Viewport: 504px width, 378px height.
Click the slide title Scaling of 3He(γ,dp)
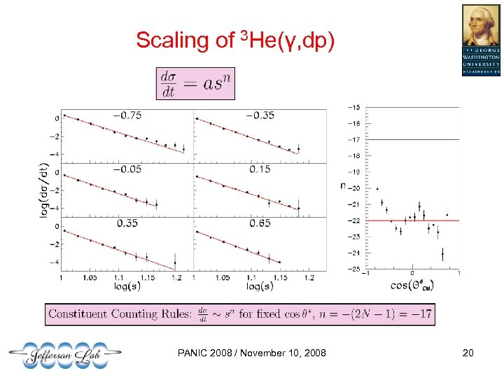point(236,40)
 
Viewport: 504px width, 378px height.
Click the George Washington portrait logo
point(481,39)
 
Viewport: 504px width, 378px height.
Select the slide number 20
point(467,353)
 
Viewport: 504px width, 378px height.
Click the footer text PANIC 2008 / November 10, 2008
point(253,353)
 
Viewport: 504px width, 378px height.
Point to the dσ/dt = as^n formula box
point(196,83)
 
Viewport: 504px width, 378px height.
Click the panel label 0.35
point(127,223)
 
